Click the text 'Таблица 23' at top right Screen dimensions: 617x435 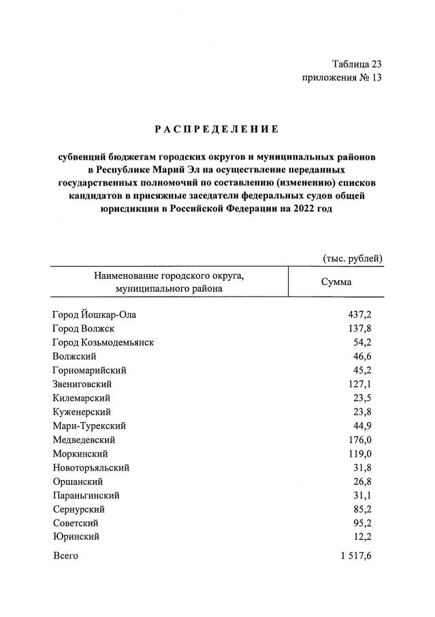357,64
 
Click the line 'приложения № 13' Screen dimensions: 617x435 342,78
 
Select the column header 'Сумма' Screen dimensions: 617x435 336,282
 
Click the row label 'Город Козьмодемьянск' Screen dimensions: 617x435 103,342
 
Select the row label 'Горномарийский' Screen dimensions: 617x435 89,370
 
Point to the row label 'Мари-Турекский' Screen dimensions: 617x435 88,425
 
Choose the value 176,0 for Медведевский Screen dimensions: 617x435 359,440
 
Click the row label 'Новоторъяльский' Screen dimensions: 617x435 91,468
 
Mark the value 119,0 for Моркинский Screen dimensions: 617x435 359,453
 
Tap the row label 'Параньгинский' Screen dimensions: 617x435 86,495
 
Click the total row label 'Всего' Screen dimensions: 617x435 65,556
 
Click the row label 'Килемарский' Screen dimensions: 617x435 81,397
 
